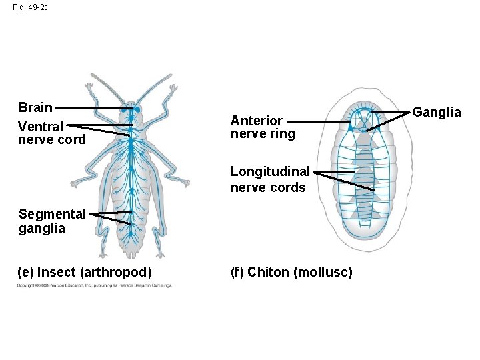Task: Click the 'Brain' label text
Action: (35, 108)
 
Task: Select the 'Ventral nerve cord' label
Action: (51, 133)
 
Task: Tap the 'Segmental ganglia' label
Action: (52, 221)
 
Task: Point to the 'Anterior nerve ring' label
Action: (262, 127)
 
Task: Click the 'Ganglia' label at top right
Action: (437, 112)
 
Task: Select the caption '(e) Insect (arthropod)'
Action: (85, 272)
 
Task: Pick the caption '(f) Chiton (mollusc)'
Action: (292, 272)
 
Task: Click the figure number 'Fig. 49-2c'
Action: (30, 7)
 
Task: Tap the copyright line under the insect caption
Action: (93, 285)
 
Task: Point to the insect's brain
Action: (132, 109)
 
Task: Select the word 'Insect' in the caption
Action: (57, 272)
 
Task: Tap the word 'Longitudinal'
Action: (270, 172)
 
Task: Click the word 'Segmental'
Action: (52, 215)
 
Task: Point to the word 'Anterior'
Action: (257, 121)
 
